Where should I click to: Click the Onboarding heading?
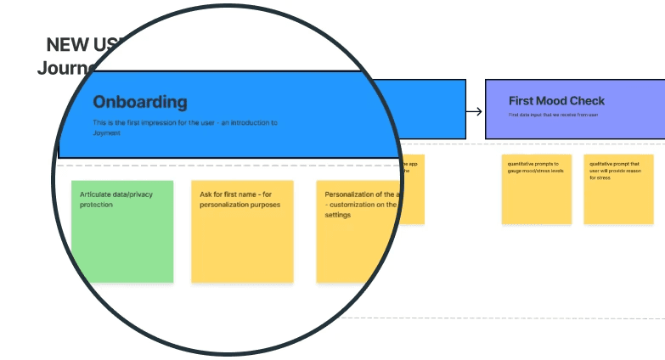tap(139, 102)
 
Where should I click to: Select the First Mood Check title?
tap(556, 101)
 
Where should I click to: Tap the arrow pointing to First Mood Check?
tap(475, 111)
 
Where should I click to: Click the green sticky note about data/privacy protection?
tap(122, 231)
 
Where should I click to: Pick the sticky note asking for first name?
tap(242, 231)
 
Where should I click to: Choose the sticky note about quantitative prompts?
tap(536, 189)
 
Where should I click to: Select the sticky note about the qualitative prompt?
tap(618, 189)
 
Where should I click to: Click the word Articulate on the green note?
tap(96, 194)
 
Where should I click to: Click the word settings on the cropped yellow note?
tap(337, 215)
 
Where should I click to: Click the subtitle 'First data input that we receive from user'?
tap(553, 114)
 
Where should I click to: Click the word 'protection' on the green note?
tap(96, 205)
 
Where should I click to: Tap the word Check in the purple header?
tap(588, 101)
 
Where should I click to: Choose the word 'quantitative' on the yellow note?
tap(522, 163)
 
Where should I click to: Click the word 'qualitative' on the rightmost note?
tap(603, 163)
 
